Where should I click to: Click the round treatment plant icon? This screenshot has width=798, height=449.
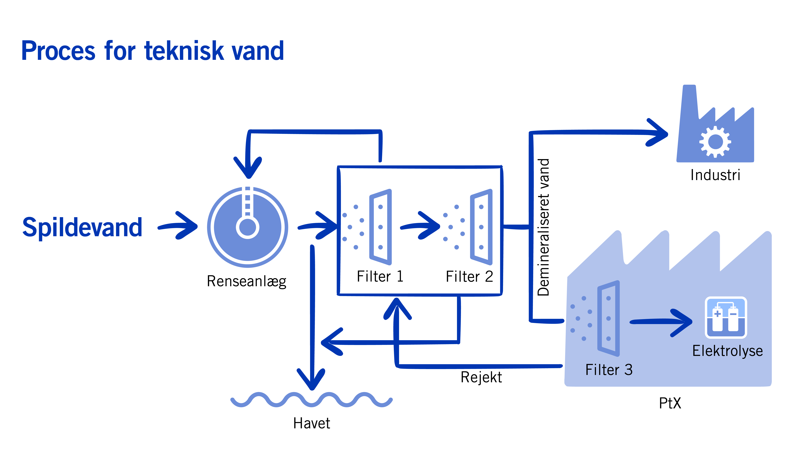click(x=247, y=227)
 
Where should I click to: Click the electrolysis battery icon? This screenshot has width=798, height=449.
click(x=726, y=318)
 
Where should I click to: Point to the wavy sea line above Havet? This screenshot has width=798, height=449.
click(x=312, y=400)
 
